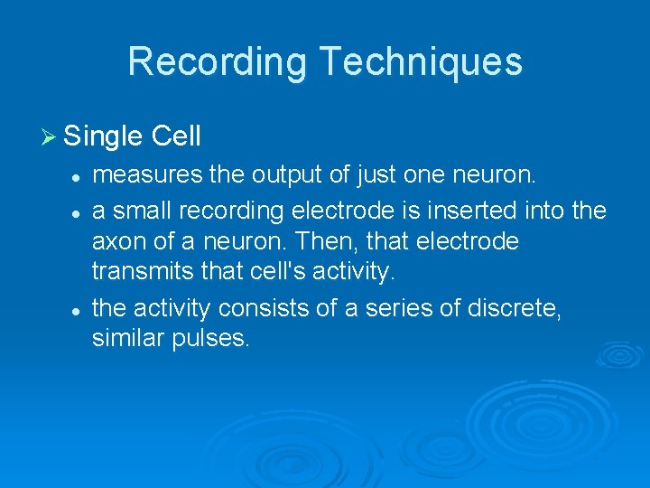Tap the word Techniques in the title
(420, 61)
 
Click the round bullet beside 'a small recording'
(79, 211)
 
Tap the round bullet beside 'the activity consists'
(79, 309)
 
